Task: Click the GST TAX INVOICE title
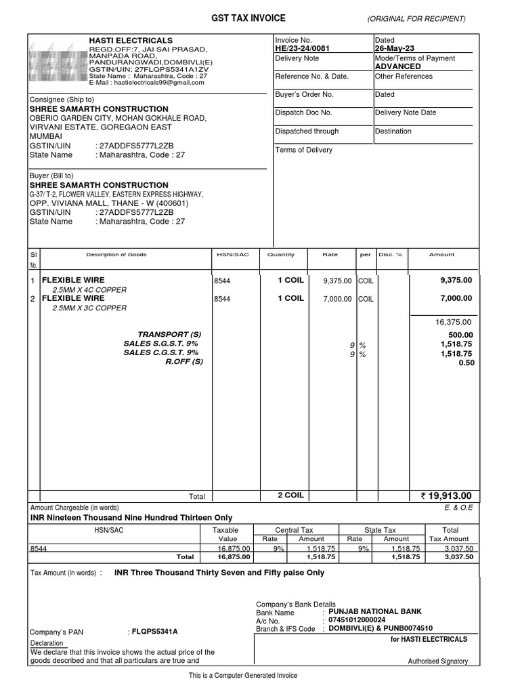(x=248, y=18)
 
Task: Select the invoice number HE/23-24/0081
(x=303, y=49)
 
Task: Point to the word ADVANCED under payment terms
(x=397, y=66)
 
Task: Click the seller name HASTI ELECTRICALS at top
(x=131, y=41)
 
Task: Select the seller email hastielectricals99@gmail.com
(x=151, y=83)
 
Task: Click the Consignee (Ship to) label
(x=57, y=100)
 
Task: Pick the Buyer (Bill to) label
(x=51, y=176)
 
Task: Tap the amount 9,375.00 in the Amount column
(x=456, y=280)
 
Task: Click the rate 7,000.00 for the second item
(x=337, y=299)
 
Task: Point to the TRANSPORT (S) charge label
(x=170, y=335)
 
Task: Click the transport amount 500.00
(x=460, y=335)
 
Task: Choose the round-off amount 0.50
(x=466, y=362)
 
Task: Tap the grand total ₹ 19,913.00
(x=446, y=495)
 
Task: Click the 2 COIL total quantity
(x=290, y=495)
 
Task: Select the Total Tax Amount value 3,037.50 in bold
(x=460, y=556)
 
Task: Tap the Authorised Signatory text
(x=437, y=661)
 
